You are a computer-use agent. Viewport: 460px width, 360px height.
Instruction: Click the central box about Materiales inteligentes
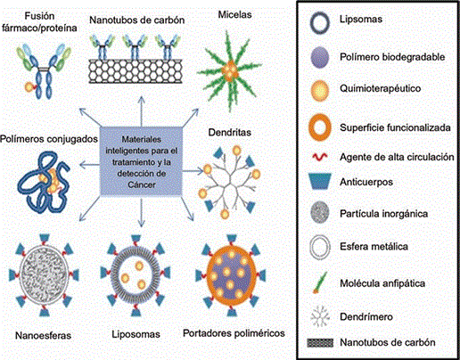141,161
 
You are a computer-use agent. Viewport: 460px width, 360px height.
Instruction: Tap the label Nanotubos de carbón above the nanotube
137,20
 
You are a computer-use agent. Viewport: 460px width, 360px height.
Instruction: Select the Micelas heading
234,14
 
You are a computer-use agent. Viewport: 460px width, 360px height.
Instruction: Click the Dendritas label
229,132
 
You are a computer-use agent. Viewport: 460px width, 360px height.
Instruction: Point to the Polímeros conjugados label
49,139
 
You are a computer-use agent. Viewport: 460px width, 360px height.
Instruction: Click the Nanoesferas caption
43,335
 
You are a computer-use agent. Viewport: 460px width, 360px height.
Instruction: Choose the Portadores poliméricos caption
234,333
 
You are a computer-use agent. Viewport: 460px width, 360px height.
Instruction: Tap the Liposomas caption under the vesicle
136,334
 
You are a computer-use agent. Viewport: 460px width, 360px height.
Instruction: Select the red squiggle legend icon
320,157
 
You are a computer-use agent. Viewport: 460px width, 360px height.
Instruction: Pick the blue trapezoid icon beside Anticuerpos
320,181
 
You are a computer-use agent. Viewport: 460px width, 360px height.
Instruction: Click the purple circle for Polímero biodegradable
320,57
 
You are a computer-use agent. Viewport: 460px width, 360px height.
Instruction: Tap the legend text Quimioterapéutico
381,88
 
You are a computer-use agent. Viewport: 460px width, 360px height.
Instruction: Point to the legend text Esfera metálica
374,246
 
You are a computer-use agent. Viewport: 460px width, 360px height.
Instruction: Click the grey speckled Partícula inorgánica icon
320,212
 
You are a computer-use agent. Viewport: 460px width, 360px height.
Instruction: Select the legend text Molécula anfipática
382,283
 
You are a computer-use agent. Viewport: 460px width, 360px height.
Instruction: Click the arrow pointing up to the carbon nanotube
142,111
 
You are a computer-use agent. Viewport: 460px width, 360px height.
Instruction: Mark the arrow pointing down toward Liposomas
142,212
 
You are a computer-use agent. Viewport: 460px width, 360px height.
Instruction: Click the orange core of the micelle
229,70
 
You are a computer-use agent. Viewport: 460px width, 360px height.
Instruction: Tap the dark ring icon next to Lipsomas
312,23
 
